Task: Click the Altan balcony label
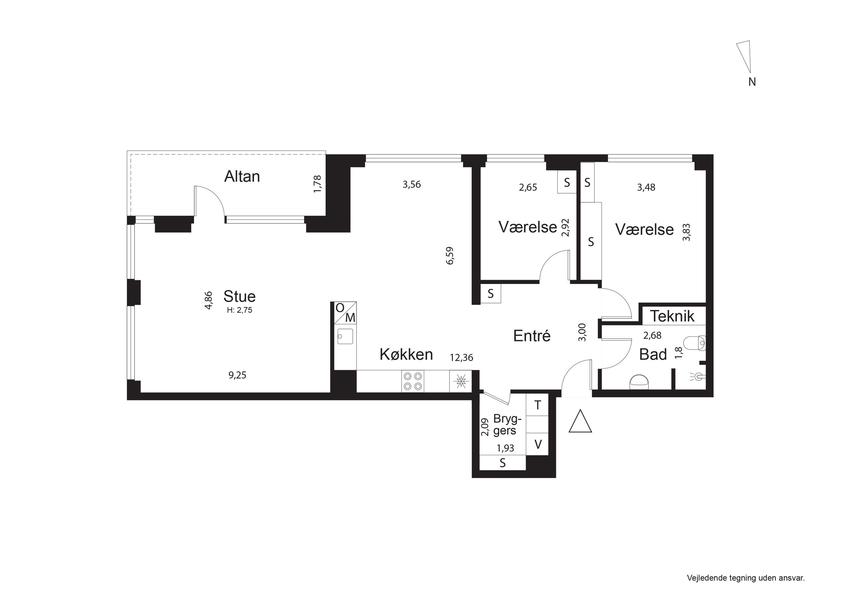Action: point(242,176)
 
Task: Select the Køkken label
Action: point(406,354)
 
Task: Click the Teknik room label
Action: point(672,316)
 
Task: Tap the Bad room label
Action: point(653,355)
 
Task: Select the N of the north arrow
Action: point(752,82)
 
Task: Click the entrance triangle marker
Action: point(580,421)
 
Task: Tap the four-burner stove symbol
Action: point(413,381)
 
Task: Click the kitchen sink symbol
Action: point(345,336)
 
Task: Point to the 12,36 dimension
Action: point(461,358)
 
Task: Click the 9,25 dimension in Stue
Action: point(237,375)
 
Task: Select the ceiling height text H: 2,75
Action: point(240,310)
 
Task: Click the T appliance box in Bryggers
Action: point(537,405)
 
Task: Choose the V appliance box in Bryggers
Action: point(537,444)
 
